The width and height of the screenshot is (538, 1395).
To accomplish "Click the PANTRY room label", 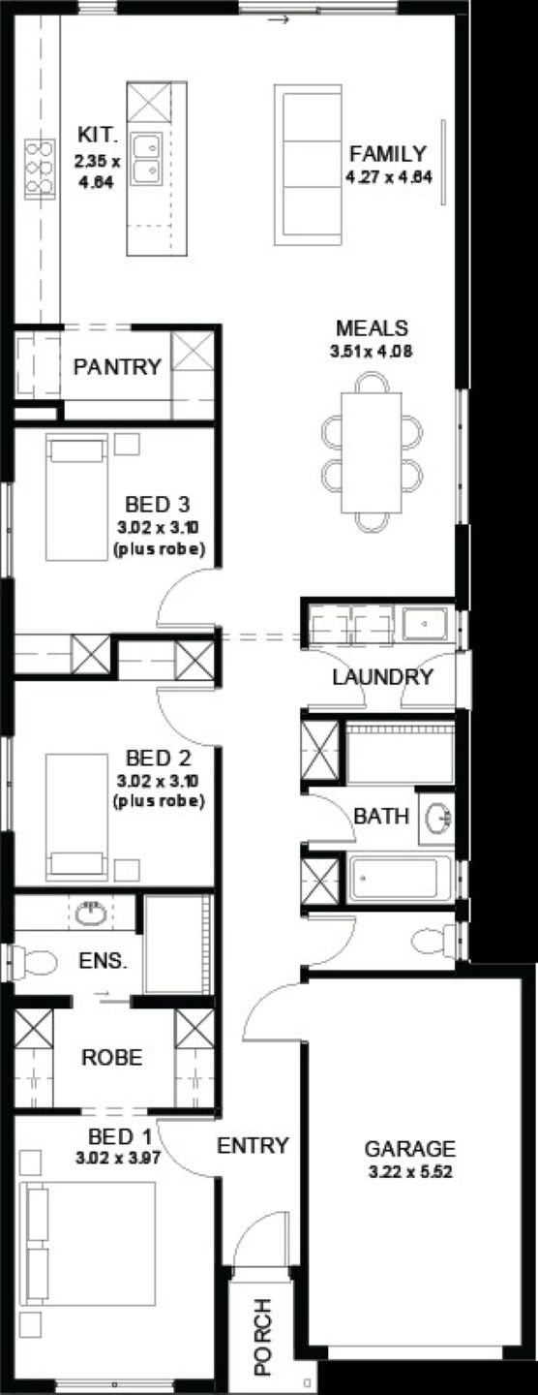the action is tap(117, 367).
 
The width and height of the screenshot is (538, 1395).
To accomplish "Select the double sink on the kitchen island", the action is tap(146, 159).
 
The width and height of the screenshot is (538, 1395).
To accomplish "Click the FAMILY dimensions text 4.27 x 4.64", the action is tap(389, 176).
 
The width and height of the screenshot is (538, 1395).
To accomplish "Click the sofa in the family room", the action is tap(309, 165).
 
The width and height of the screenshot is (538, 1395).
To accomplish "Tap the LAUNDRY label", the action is tap(382, 677).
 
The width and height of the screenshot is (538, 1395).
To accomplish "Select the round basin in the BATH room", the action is tap(439, 817).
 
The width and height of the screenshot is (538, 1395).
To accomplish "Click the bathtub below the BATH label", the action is tap(400, 879).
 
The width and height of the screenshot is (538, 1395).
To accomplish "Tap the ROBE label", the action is tap(112, 1057).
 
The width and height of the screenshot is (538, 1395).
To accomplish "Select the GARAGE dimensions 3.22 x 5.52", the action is tap(410, 1172).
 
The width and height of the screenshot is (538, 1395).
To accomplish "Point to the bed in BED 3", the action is tap(76, 497).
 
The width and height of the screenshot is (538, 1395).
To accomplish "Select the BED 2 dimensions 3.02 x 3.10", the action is tap(159, 780).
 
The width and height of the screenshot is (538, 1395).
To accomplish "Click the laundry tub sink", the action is tap(425, 624).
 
